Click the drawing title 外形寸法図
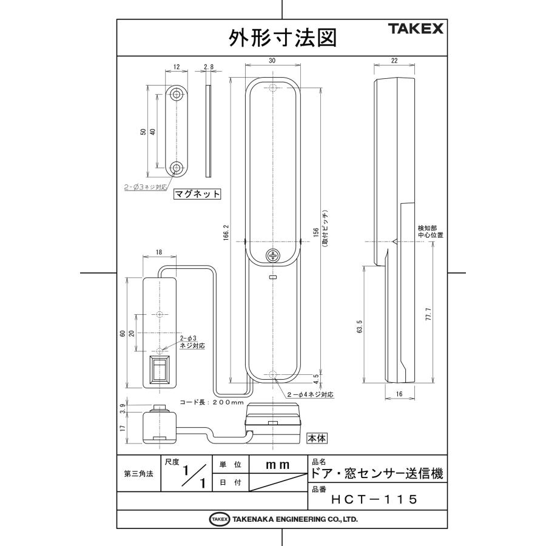(281, 38)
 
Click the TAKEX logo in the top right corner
(416, 29)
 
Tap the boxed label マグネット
(197, 195)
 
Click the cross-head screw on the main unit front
(273, 255)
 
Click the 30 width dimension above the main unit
(272, 60)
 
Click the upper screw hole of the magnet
(177, 95)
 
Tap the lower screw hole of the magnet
(177, 168)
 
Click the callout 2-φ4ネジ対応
(311, 395)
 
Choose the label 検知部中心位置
(430, 231)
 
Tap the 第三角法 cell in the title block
(138, 474)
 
